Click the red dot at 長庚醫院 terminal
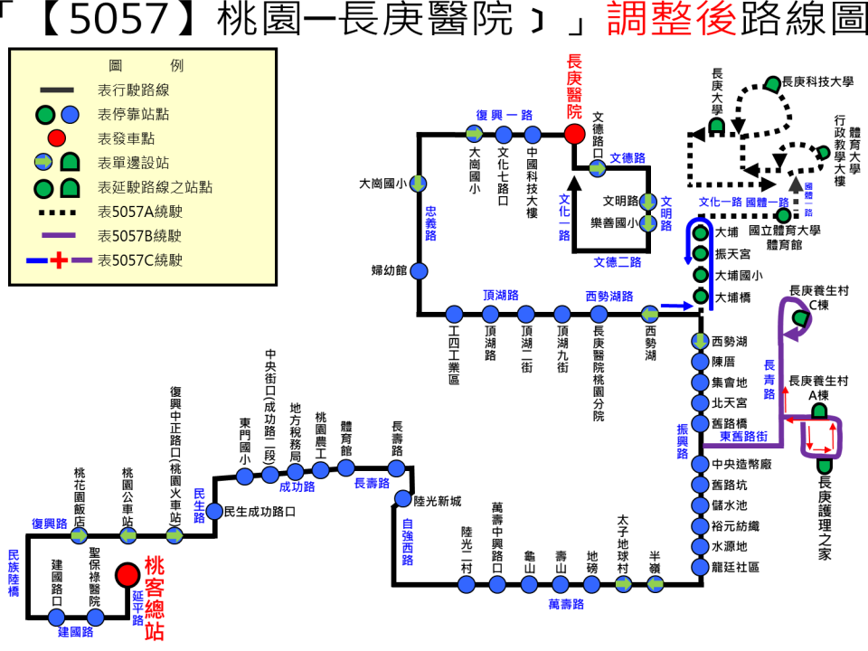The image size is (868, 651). [x=573, y=134]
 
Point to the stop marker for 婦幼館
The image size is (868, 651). [x=420, y=270]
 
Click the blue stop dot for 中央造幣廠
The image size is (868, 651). [x=699, y=464]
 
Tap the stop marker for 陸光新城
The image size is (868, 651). [x=397, y=501]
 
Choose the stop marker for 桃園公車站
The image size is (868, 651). [x=128, y=535]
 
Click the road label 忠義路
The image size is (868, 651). [x=431, y=222]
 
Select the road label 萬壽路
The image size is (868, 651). [x=567, y=603]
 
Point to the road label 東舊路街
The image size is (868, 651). [x=744, y=437]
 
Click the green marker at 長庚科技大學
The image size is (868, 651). [x=773, y=83]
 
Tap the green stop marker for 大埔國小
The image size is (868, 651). [x=699, y=275]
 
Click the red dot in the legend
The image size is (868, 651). [x=56, y=138]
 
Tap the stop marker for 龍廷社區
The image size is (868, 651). [x=699, y=567]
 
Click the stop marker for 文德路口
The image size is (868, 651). [x=598, y=168]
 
